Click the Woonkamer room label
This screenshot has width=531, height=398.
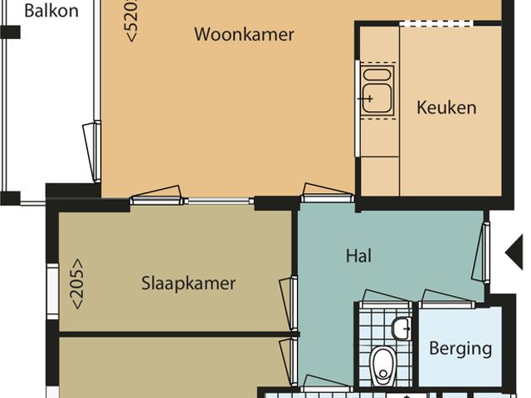tap(244, 35)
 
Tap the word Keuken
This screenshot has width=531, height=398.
tap(446, 108)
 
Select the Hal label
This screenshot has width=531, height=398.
tap(358, 256)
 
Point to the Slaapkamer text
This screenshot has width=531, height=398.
tap(188, 284)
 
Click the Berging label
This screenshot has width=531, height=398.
tap(460, 348)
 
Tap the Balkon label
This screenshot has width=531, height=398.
tap(51, 11)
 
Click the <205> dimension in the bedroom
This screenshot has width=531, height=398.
tap(77, 284)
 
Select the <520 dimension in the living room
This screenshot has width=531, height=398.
tap(132, 21)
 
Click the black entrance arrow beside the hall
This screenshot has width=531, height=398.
tap(514, 253)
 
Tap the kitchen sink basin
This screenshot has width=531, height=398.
tap(377, 98)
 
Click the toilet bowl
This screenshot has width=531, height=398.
tap(383, 366)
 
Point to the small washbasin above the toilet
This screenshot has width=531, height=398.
tap(402, 328)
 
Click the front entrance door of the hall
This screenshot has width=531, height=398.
tap(481, 252)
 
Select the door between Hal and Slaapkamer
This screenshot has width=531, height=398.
tap(290, 303)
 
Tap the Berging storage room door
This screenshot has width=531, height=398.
tap(447, 300)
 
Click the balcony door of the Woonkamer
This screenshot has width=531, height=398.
tap(92, 151)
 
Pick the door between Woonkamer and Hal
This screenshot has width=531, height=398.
tap(328, 193)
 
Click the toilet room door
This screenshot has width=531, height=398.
tap(386, 299)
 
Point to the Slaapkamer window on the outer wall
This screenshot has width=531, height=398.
tap(52, 291)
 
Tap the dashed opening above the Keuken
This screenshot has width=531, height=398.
tap(436, 23)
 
